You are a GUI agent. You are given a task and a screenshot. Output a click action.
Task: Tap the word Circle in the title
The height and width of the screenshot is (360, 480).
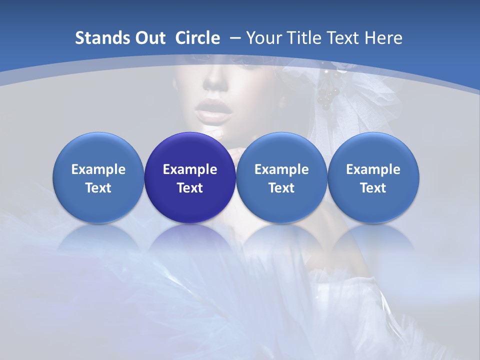coord(197,38)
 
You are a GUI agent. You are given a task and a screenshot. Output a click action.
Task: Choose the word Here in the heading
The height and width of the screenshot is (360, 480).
coord(383,38)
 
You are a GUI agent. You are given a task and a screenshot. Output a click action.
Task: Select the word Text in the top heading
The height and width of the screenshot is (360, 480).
coord(343,38)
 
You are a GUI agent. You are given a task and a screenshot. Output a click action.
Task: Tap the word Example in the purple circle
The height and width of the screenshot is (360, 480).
coord(190,169)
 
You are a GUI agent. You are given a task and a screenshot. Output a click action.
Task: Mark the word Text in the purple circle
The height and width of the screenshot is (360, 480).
coord(190,188)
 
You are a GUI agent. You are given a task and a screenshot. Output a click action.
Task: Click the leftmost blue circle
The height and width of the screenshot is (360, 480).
coord(98,177)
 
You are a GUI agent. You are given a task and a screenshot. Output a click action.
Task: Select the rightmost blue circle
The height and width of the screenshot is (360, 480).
coord(373,177)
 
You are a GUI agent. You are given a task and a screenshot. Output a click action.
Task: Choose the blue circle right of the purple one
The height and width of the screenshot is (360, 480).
coord(281,177)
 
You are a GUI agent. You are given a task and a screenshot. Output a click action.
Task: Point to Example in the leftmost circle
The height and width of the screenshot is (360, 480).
coord(98,169)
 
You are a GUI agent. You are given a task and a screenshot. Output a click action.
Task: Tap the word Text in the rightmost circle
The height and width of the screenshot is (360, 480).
coord(373,188)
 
